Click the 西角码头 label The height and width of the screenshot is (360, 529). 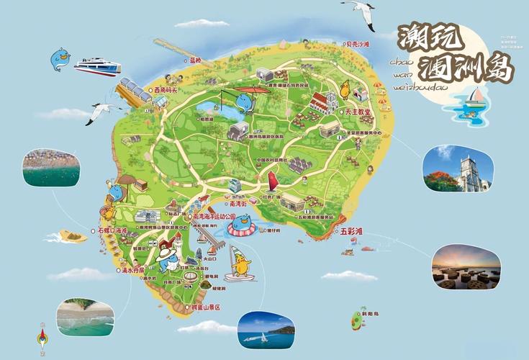click(165, 90)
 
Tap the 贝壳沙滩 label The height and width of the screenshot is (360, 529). click(357, 45)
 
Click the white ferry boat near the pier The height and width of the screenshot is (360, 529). click(97, 67)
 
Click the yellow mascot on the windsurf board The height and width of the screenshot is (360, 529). click(240, 266)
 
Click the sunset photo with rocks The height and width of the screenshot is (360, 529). click(466, 267)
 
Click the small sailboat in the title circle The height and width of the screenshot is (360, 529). click(474, 96)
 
